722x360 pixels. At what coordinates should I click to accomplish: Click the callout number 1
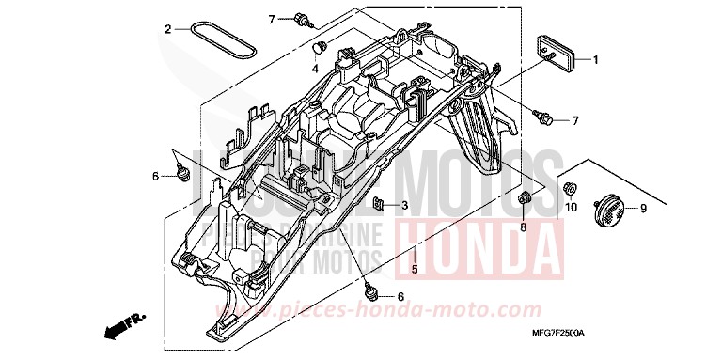click(594, 59)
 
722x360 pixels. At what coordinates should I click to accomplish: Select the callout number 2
click(167, 29)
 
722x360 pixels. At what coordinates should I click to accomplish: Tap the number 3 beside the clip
click(403, 205)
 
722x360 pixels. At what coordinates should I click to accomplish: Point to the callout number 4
click(316, 68)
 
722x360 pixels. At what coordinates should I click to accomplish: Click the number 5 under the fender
click(414, 270)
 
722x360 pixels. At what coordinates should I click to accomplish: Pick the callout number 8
click(525, 226)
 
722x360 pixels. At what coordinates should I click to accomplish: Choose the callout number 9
click(642, 208)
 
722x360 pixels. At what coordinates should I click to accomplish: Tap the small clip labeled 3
click(378, 204)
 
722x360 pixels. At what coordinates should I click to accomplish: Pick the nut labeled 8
click(525, 197)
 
